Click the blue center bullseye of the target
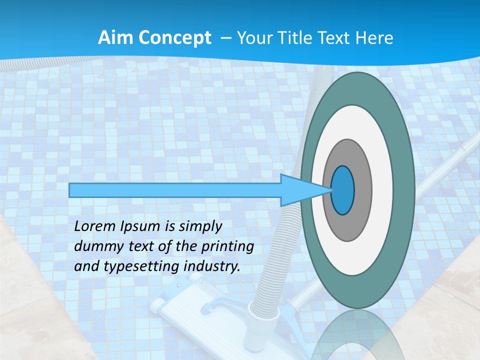coord(343,190)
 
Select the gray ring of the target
coord(362,190)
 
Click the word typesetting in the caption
coord(130,266)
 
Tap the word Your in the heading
coord(252,37)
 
